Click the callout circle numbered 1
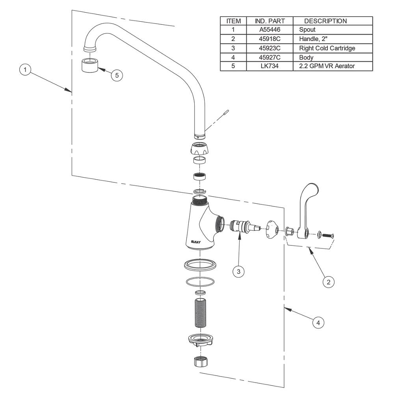(x=26, y=70)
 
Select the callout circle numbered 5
(x=116, y=76)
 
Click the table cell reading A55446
(x=270, y=30)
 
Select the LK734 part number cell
(x=270, y=66)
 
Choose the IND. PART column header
(x=270, y=20)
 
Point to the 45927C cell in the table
(x=270, y=57)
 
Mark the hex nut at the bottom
(x=201, y=362)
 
